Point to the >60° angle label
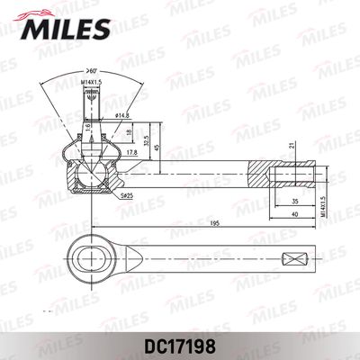pyautogui.click(x=93, y=70)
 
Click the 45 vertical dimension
pyautogui.click(x=159, y=148)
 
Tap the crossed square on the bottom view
pyautogui.click(x=293, y=259)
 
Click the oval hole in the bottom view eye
pyautogui.click(x=93, y=259)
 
